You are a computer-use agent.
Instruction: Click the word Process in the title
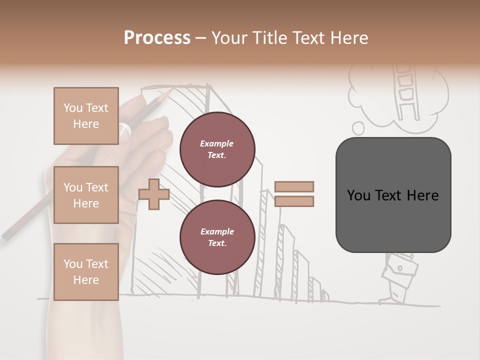(157, 37)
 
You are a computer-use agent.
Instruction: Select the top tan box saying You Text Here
(86, 116)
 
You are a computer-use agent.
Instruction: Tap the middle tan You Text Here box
(86, 195)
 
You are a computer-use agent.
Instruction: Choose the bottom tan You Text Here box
(86, 271)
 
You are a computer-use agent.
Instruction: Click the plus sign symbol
(154, 194)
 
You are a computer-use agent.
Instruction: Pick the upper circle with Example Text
(217, 149)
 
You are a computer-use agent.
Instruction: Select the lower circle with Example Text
(217, 237)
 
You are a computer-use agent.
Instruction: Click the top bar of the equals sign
(294, 186)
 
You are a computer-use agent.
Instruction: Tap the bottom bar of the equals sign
(294, 201)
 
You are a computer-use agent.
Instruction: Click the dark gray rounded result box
(393, 220)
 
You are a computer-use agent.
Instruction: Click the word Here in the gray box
(422, 195)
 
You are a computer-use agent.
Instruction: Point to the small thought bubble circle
(358, 129)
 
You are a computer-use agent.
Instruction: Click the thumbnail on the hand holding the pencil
(125, 131)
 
